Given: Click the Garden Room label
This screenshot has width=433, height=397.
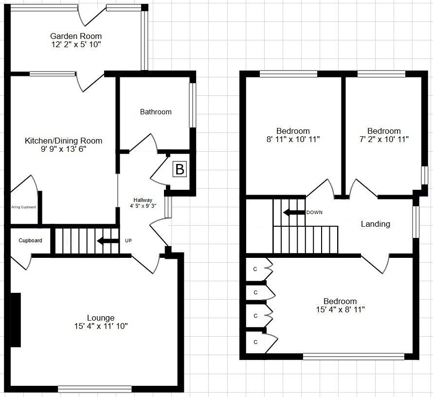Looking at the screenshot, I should (x=76, y=36).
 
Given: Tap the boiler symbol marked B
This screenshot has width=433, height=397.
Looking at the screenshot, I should (x=180, y=170).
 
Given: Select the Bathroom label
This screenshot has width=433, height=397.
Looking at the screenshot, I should (x=156, y=112).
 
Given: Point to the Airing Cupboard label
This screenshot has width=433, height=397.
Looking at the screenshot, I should (x=23, y=207).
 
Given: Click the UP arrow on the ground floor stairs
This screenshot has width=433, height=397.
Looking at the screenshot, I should (x=108, y=241).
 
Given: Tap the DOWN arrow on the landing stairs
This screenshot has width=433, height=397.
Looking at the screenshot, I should (x=294, y=213).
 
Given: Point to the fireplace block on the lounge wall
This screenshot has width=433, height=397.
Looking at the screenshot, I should (x=16, y=320).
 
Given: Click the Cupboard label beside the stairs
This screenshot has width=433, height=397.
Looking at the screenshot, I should (x=30, y=240).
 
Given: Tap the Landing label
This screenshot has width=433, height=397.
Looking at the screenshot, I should (x=375, y=224).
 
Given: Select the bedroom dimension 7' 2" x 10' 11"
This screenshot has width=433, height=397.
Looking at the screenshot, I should (x=384, y=139).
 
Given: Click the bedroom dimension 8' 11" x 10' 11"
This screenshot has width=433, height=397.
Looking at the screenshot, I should (x=293, y=139).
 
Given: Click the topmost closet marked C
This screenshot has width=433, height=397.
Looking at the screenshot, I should (x=255, y=269).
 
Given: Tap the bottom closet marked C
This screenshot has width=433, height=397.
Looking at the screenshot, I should (x=255, y=343).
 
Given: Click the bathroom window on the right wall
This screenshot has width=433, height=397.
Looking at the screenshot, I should (x=193, y=105).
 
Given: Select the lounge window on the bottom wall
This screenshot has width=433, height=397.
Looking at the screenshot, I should (x=94, y=388).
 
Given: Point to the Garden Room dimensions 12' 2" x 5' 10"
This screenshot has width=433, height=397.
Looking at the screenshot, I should (x=76, y=44).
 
